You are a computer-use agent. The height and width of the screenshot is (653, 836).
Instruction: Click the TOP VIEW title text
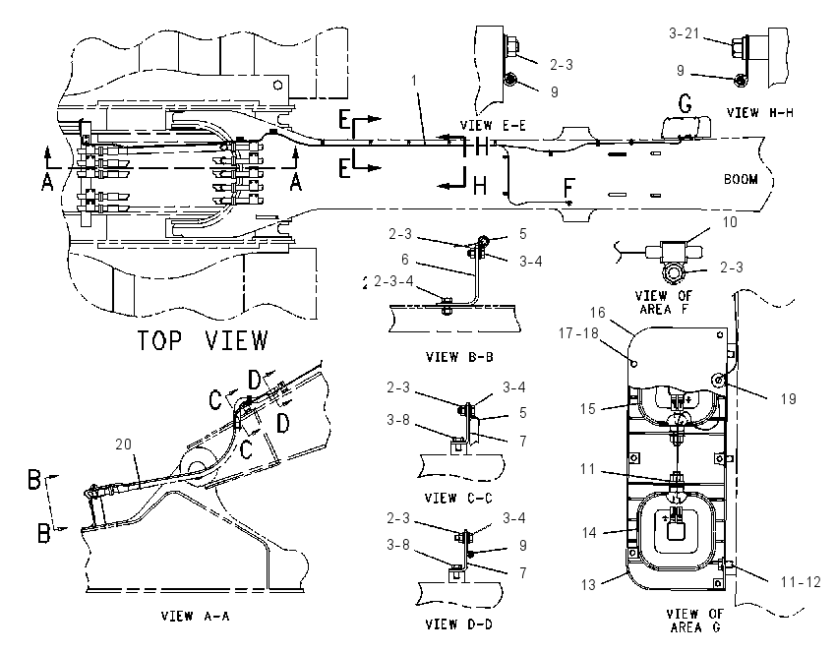pos(203,340)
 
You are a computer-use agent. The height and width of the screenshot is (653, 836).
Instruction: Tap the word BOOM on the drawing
pos(741,179)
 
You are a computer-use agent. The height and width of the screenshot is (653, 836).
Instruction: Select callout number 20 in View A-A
pos(123,445)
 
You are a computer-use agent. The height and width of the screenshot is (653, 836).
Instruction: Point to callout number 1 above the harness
pos(414,81)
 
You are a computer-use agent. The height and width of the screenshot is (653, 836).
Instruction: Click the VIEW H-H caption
pos(759,112)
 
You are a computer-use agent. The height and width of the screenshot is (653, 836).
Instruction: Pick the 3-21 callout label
pos(684,33)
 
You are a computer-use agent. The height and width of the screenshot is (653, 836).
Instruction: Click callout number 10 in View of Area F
pos(730,221)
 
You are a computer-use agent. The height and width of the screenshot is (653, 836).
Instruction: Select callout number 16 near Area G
pos(598,313)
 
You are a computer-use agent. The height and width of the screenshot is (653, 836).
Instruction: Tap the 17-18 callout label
pos(578,333)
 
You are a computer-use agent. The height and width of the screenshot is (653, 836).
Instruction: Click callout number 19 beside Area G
pos(788,398)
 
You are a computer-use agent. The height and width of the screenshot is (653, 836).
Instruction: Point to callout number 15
pos(587,409)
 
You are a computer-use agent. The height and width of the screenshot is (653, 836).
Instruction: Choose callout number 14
pos(589,532)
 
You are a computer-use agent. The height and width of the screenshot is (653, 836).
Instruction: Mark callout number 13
pos(588,585)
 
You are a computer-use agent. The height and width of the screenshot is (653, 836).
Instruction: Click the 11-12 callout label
pos(801,581)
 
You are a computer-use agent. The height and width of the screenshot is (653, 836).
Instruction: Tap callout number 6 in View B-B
pos(404,260)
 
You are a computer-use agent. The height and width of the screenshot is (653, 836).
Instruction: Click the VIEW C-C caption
pos(458,498)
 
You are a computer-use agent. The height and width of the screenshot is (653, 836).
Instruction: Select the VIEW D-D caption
pos(458,623)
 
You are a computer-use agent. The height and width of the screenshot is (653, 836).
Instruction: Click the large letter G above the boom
pos(685,103)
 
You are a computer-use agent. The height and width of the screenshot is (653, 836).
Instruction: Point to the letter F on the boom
pos(568,187)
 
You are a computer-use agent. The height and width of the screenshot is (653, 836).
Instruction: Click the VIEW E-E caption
pos(493,125)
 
